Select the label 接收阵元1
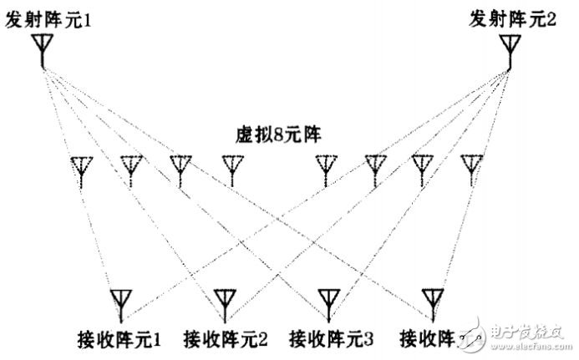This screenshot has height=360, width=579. point(119,339)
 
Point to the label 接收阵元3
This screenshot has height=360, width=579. point(330,339)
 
